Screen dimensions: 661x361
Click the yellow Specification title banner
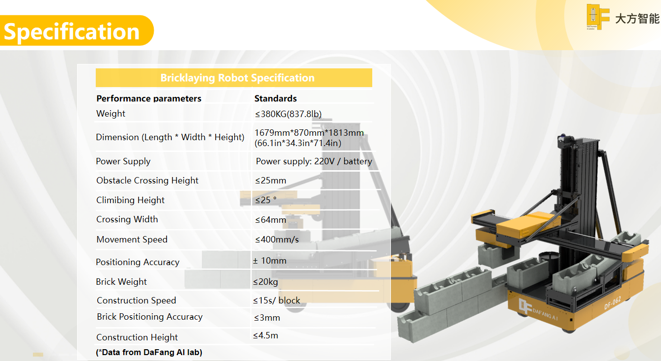77,30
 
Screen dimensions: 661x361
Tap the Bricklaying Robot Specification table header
234,78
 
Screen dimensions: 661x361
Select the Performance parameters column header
149,98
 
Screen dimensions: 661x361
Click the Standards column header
275,98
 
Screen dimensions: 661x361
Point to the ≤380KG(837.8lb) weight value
288,114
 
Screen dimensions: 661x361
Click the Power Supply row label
123,161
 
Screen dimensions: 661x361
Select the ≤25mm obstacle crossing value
271,180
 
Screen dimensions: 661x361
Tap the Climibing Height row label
130,200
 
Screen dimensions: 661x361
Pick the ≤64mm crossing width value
271,220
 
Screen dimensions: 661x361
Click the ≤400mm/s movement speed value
277,240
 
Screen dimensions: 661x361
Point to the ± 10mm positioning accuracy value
270,261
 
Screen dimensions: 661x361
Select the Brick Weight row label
121,282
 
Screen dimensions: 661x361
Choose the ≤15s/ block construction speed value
276,301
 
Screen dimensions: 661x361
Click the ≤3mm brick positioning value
267,318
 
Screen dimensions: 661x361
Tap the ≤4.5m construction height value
266,335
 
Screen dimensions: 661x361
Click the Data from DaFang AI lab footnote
149,352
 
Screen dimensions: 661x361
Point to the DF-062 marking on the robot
612,303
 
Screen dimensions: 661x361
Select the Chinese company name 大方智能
637,19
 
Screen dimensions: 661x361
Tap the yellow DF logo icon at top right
598,17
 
